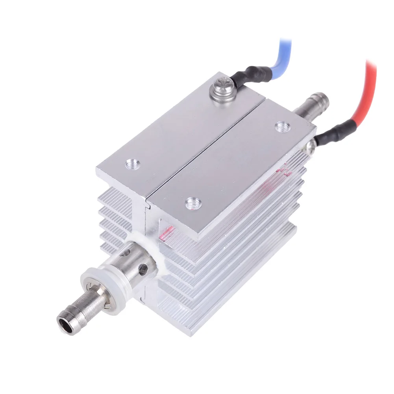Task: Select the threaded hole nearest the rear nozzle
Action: tap(281, 127)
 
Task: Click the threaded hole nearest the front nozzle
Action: tap(193, 203)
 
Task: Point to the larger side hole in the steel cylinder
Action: tap(142, 269)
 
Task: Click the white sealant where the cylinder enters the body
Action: tap(157, 256)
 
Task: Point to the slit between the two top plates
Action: tap(205, 146)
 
